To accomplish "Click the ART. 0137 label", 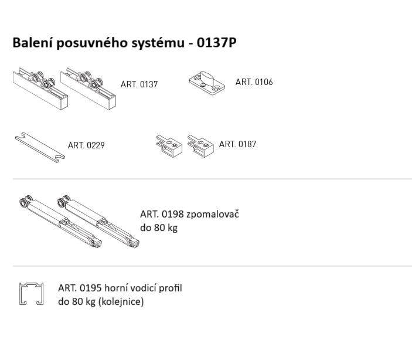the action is tap(139, 84).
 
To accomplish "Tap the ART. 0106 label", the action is tap(254, 82).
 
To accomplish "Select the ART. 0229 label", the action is tap(86, 145).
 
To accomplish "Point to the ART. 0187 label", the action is tap(237, 144).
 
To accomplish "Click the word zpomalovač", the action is tap(213, 214).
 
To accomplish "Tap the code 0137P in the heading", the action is tap(216, 42).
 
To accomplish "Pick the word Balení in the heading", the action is tap(33, 42).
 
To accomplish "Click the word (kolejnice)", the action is tap(121, 301).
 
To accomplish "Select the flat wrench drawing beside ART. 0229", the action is tap(40, 147).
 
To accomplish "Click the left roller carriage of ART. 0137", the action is tap(40, 89).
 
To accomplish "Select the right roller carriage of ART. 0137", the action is tap(88, 89).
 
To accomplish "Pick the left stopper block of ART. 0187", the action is tap(169, 146).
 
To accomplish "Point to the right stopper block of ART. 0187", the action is tap(201, 146).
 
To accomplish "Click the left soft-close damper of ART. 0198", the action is tap(60, 222).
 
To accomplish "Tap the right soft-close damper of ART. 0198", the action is tap(98, 222).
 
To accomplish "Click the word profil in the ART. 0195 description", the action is tap(171, 288).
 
